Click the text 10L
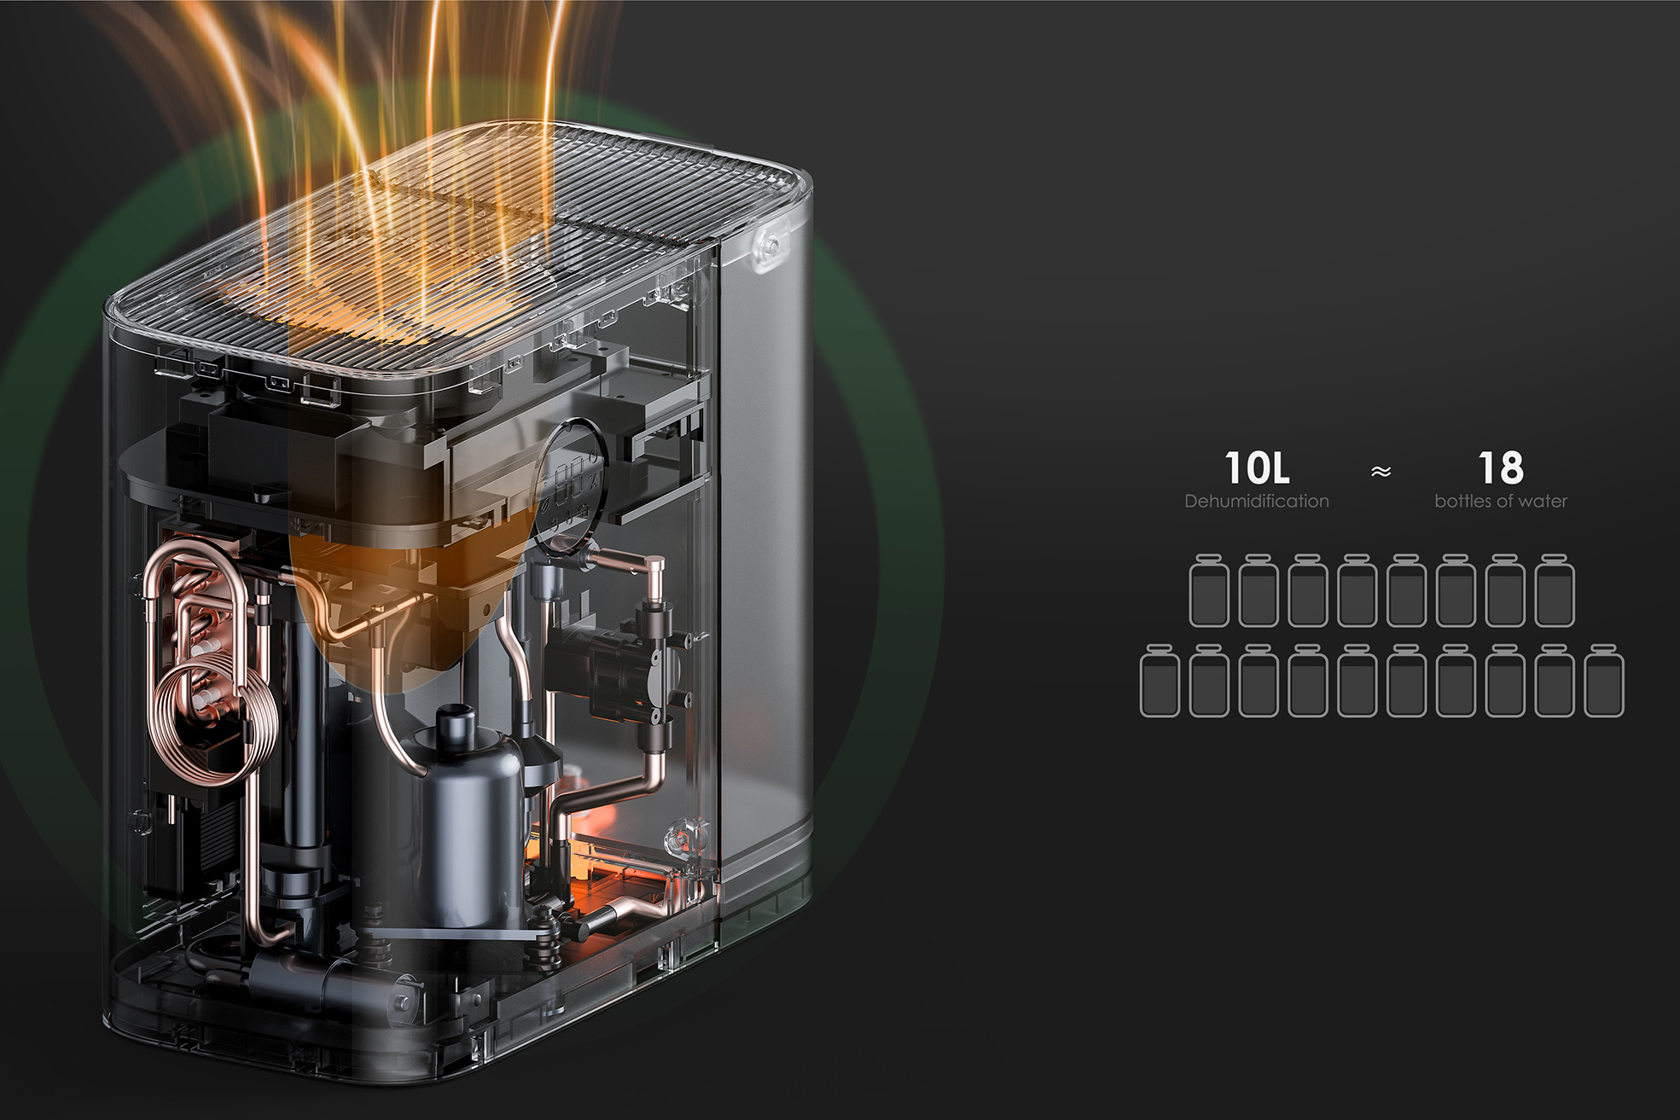coord(1256,468)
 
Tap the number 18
coord(1500,468)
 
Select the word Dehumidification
coord(1256,502)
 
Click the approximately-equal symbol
coord(1381,472)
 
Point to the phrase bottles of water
coord(1500,502)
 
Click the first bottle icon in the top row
coord(1209,590)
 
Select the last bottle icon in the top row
coord(1555,590)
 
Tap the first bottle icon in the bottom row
coord(1160,681)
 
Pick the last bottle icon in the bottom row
coord(1604,681)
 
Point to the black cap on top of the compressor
coord(457,725)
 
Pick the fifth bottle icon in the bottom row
coord(1357,681)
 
